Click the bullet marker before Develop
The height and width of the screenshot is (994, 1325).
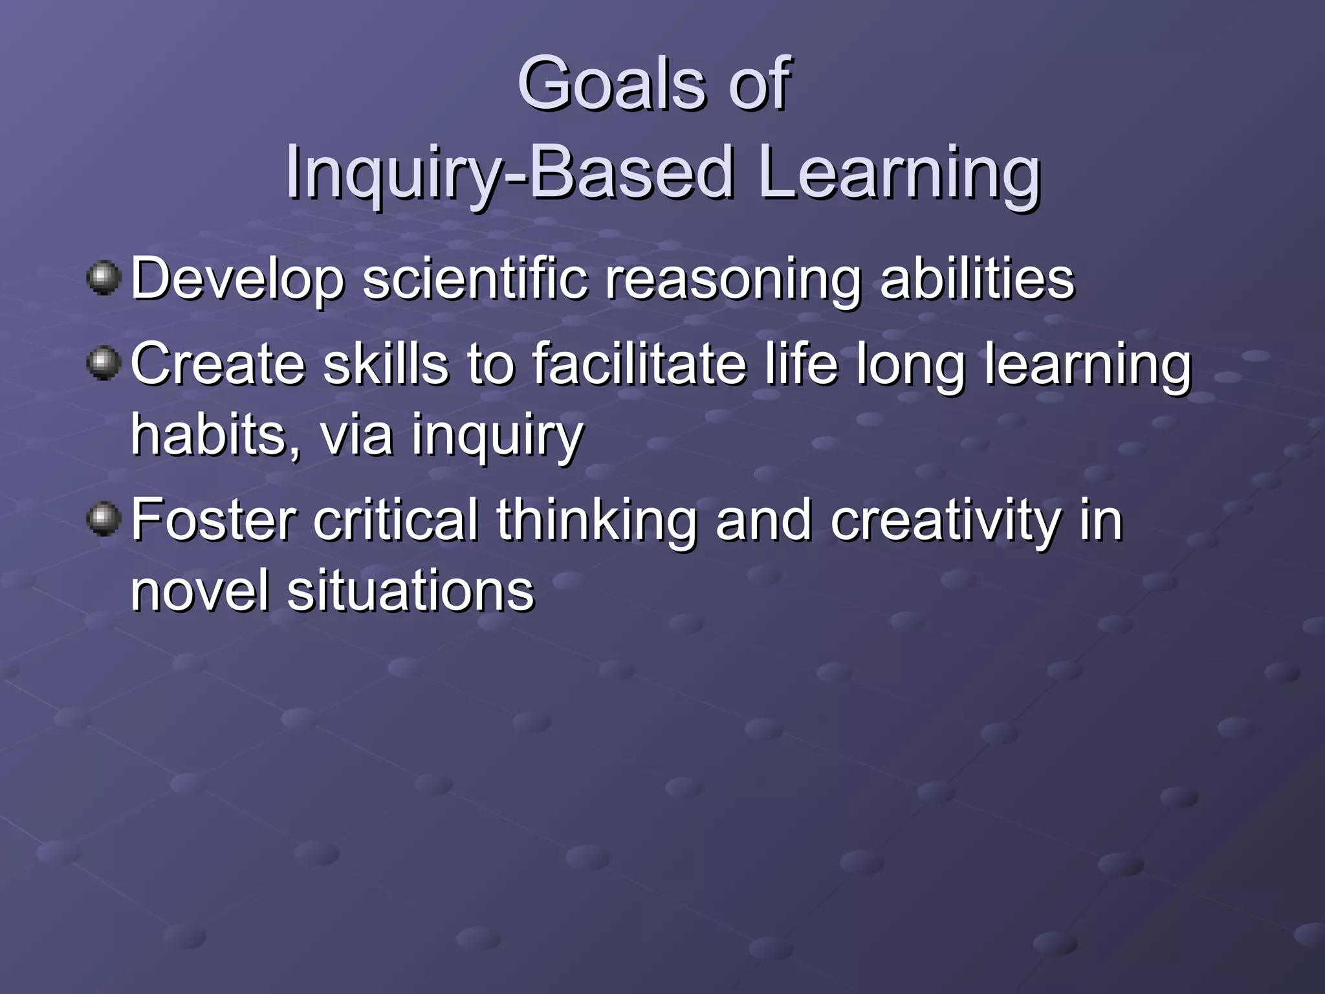[x=104, y=278]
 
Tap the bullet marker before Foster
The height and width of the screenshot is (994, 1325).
[x=104, y=520]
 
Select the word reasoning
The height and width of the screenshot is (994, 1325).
[x=734, y=280]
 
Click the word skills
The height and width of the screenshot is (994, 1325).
[x=386, y=364]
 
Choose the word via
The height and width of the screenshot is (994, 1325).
[x=356, y=435]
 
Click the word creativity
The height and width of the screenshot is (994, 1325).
[x=945, y=522]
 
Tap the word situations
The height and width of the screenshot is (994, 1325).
[x=411, y=590]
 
